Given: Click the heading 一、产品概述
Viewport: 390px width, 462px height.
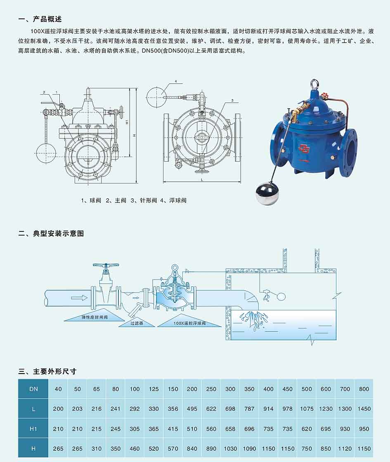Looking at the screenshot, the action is [40, 19].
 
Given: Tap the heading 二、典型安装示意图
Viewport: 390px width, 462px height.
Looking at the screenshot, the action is [51, 233].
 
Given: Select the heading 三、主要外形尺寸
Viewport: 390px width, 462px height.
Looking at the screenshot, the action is [47, 371].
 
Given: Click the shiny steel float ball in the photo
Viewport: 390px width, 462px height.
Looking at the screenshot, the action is [266, 193].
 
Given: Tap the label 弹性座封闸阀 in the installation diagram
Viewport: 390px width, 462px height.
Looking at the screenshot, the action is [95, 317].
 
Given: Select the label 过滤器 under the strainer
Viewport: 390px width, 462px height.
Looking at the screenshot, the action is [137, 323].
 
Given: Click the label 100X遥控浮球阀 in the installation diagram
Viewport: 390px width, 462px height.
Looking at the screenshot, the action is [189, 323].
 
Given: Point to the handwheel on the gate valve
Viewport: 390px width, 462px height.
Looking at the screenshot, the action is [106, 265].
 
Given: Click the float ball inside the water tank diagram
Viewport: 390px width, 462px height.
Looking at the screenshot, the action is [281, 296].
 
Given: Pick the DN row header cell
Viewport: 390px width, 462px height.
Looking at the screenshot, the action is [33, 389].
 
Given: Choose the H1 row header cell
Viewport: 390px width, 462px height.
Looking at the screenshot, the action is [33, 429].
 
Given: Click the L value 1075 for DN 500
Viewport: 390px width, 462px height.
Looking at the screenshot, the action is [306, 409].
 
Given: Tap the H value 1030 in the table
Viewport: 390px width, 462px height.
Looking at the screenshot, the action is [230, 449].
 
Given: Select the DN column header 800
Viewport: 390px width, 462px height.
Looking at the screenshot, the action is [364, 389].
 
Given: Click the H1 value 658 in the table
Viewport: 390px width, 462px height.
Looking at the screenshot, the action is [230, 429].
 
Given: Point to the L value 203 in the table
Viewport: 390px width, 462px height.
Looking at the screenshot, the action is [78, 409].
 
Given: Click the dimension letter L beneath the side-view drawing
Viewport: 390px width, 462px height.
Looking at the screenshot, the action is [202, 179].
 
